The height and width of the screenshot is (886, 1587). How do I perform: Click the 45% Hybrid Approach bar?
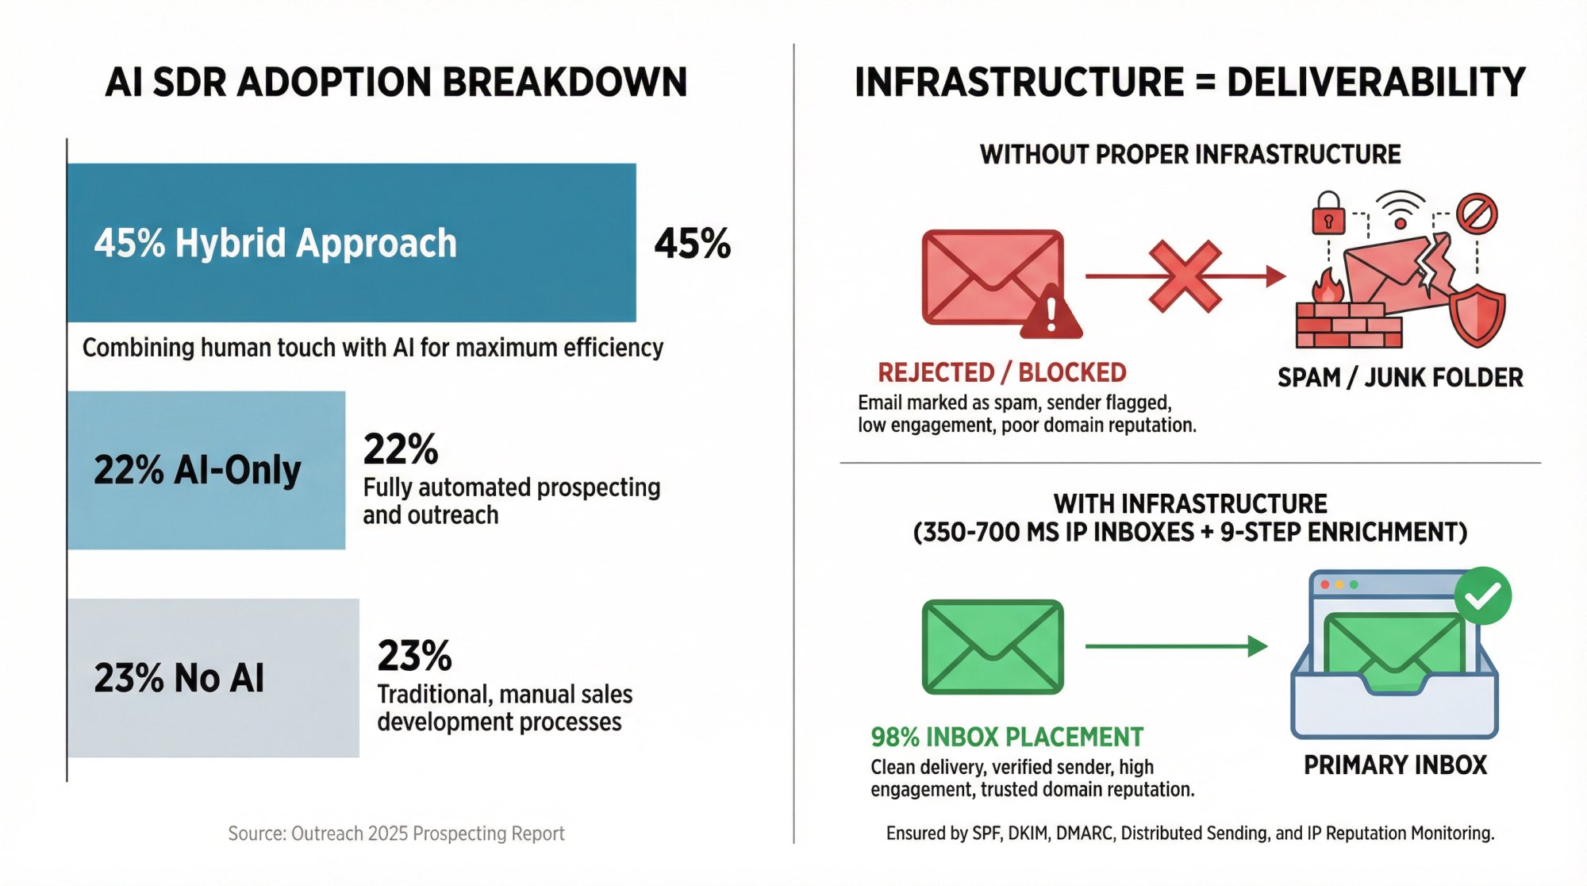tap(351, 242)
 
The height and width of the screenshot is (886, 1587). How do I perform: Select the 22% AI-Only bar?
tap(206, 470)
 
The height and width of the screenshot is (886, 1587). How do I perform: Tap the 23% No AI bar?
tap(212, 677)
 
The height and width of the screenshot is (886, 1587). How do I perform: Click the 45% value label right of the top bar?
tap(692, 244)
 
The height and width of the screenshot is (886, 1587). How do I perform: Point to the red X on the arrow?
tap(1185, 276)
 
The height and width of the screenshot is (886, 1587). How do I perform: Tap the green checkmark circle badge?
tap(1482, 595)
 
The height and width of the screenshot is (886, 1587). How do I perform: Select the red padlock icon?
tap(1328, 214)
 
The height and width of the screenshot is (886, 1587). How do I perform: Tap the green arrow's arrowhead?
tap(1257, 646)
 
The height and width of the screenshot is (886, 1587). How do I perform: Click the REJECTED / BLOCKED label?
tap(1001, 372)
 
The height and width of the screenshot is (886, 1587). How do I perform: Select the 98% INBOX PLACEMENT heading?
tap(1006, 737)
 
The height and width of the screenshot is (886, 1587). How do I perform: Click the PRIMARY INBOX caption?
tap(1395, 765)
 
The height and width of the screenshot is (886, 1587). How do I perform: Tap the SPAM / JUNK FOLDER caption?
tap(1400, 377)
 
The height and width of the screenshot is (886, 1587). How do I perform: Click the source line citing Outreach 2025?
tap(396, 833)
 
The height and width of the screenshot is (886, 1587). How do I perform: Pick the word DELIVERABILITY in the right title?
tap(1376, 82)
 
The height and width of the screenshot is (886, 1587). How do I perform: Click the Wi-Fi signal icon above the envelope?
tap(1401, 208)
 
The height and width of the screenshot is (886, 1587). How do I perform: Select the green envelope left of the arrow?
tap(992, 646)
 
